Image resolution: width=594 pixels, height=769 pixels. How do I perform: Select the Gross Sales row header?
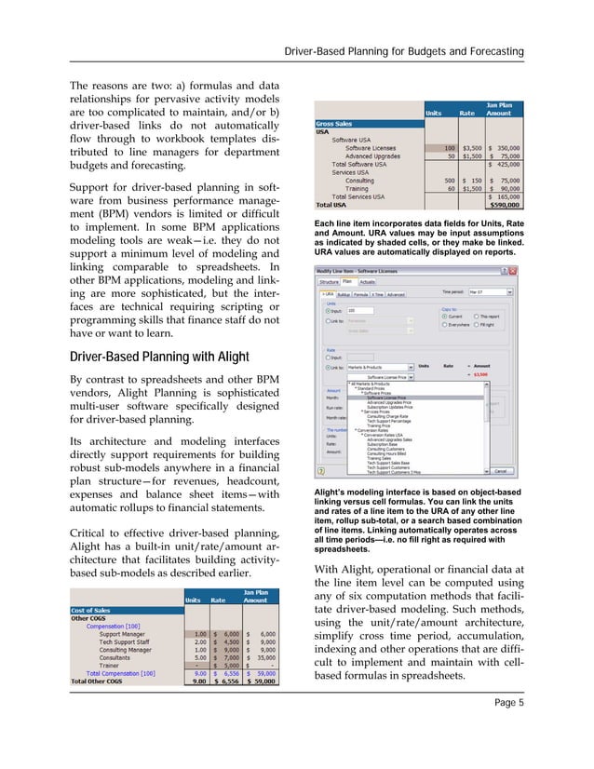[337, 122]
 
